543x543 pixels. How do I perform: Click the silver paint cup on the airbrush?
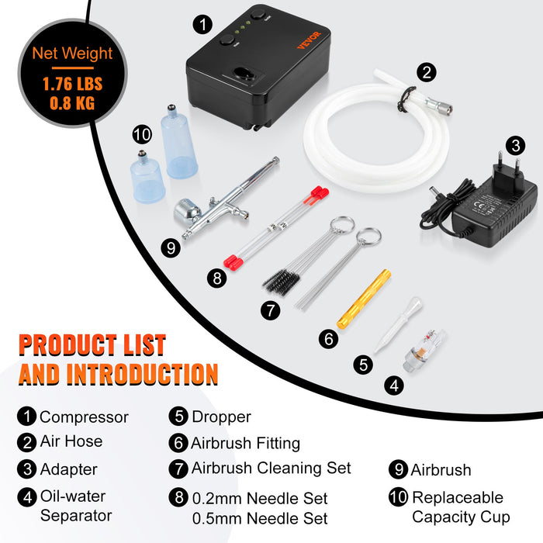[x=186, y=209]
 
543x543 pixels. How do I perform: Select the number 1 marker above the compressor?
[x=201, y=24]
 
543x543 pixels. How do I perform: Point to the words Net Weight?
[x=72, y=54]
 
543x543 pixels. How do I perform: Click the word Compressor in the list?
[x=84, y=417]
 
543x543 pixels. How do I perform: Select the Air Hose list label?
[x=71, y=442]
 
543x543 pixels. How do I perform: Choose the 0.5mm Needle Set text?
[x=259, y=518]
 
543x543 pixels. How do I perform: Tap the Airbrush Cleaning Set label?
[x=271, y=468]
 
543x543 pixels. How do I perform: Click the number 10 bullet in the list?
[x=398, y=498]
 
